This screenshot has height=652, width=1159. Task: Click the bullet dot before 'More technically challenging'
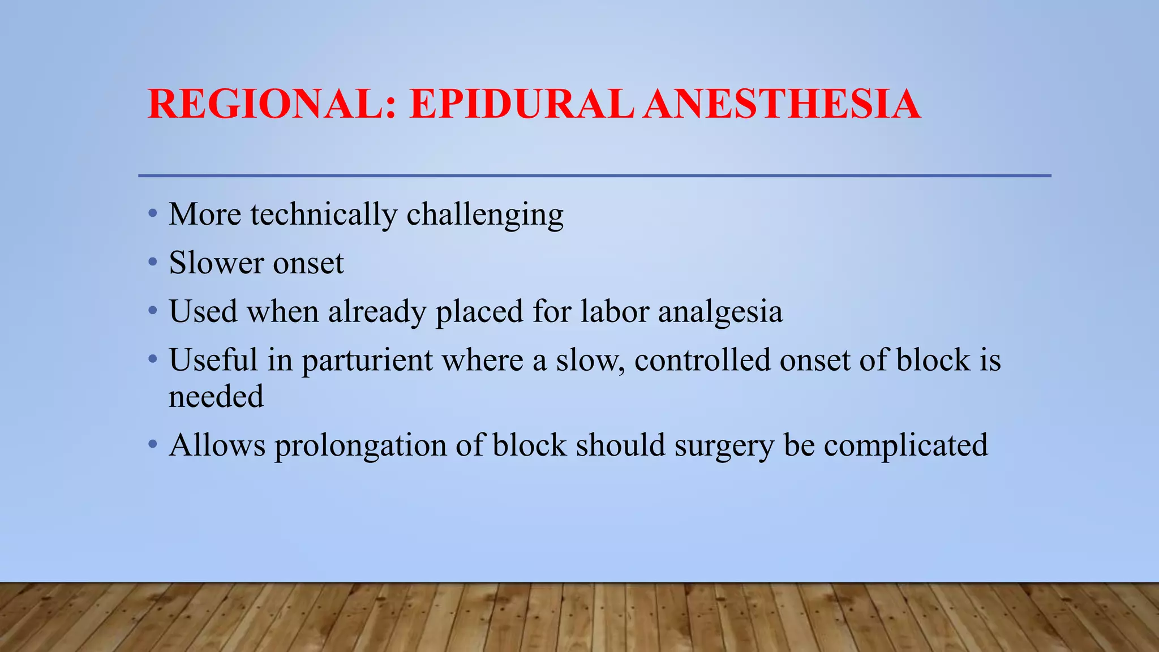tap(152, 215)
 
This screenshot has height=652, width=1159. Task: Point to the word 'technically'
tap(324, 215)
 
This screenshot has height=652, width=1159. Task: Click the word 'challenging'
tap(485, 216)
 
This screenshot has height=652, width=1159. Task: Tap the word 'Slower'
tap(216, 263)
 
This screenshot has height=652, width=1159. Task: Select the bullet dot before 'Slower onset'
tap(152, 263)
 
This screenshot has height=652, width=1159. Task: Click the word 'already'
tap(377, 312)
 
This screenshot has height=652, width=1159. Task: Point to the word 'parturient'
tap(367, 361)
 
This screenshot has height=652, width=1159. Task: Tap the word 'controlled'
tap(702, 360)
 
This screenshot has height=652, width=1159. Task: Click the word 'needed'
tap(216, 396)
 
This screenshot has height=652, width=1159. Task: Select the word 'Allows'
tap(217, 445)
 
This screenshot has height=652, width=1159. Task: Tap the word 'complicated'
tap(905, 446)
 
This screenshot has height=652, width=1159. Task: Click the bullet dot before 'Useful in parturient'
tap(152, 359)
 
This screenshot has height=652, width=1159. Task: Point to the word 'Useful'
tap(213, 360)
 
